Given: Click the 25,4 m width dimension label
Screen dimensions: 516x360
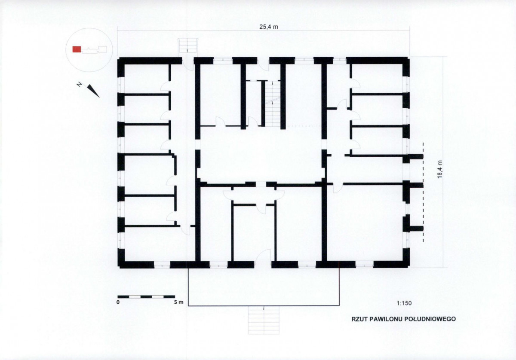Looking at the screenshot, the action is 269,27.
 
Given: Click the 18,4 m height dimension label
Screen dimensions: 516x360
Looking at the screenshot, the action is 440,169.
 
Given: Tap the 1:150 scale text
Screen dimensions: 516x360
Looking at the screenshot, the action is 404,303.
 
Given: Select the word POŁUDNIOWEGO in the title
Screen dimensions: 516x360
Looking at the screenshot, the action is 430,319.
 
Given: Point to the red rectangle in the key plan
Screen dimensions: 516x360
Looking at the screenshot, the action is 77,49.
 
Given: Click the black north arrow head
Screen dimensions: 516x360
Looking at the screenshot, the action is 93,91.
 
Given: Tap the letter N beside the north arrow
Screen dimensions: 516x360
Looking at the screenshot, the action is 80,85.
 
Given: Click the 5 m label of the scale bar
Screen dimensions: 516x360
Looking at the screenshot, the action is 179,302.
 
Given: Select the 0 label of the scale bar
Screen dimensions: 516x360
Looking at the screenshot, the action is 118,302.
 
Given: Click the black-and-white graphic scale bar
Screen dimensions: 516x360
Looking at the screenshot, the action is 146,297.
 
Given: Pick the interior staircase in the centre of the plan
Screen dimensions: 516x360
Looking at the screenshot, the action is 273,104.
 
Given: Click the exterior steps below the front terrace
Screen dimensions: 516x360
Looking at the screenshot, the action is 264,320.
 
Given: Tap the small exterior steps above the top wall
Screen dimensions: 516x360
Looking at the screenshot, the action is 188,46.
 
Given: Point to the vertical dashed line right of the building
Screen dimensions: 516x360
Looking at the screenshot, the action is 423,192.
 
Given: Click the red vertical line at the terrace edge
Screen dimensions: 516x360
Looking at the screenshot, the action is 339,284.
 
